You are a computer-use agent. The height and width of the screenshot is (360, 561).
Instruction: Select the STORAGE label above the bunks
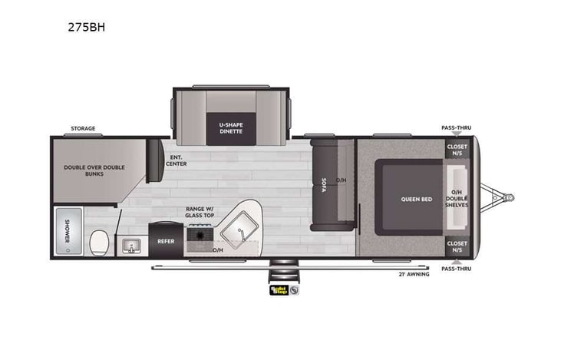pyautogui.click(x=83, y=128)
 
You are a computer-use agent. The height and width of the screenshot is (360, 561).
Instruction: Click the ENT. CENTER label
pyautogui.click(x=176, y=160)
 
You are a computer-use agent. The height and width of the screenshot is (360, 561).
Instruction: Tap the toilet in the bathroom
pyautogui.click(x=97, y=243)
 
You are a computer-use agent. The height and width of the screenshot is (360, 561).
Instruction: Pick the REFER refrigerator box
pyautogui.click(x=167, y=240)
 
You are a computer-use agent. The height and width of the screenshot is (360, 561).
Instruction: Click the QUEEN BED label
pyautogui.click(x=416, y=199)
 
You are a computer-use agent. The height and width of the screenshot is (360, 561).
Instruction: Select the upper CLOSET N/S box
pyautogui.click(x=457, y=150)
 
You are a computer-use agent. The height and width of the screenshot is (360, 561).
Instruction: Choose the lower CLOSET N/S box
pyautogui.click(x=457, y=246)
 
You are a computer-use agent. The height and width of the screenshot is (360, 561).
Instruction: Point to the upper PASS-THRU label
pyautogui.click(x=456, y=127)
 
